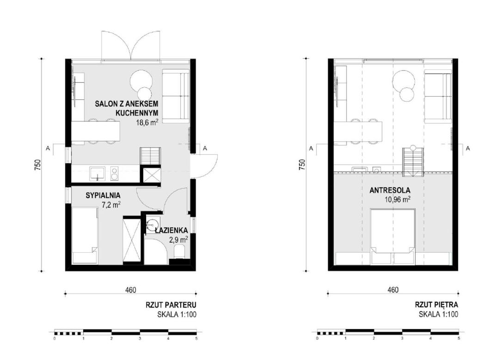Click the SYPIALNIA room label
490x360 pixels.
pos(103,195)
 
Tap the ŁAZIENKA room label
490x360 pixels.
pos(171,231)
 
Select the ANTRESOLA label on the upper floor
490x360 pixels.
pos(390,190)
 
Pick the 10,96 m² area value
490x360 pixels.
pos(398,199)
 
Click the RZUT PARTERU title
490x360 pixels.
pos(171,305)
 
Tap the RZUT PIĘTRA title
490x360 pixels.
pos(436,305)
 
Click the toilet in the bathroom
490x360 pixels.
pos(179,252)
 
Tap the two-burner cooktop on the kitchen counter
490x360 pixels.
pos(114,173)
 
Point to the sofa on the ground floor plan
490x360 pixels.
pos(176,96)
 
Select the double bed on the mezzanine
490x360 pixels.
pos(392,237)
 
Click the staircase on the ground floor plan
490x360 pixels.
pos(151,156)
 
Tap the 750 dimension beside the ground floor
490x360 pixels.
pos(37,165)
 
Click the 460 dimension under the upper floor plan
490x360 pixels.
pos(393,290)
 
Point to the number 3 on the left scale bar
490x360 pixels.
pos(140,338)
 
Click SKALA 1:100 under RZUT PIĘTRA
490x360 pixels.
pos(438,314)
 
